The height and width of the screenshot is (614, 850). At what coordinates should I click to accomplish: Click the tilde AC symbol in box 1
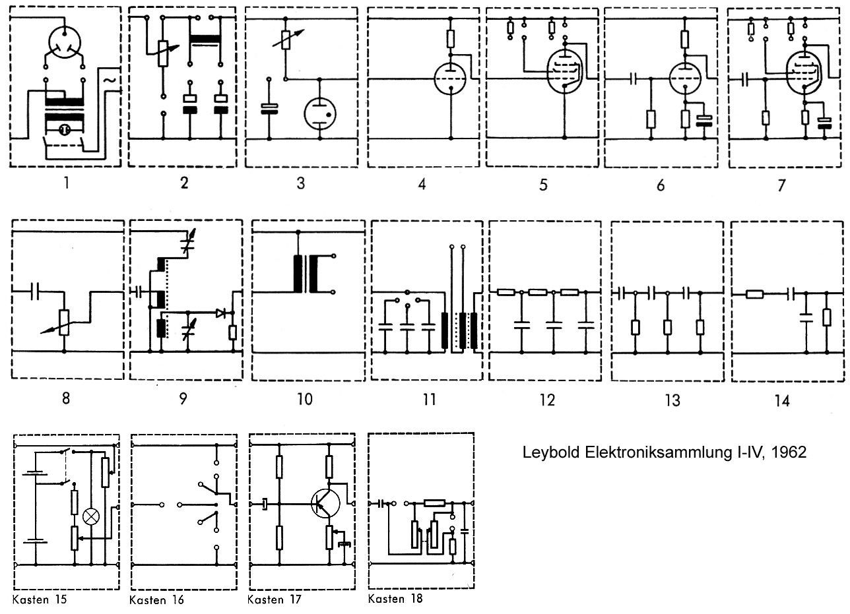110,80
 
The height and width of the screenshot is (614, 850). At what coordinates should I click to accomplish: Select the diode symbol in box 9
222,314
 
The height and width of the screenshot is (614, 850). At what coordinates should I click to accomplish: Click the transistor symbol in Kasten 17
325,504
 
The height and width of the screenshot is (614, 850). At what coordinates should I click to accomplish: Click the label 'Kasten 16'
156,599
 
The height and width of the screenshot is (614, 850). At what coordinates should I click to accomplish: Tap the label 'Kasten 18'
395,599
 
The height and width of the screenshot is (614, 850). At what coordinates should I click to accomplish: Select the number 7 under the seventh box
781,185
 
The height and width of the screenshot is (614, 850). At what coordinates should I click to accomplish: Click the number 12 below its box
546,400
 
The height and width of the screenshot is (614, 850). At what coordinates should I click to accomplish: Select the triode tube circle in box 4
451,80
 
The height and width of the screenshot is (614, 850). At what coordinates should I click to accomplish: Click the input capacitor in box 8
36,291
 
